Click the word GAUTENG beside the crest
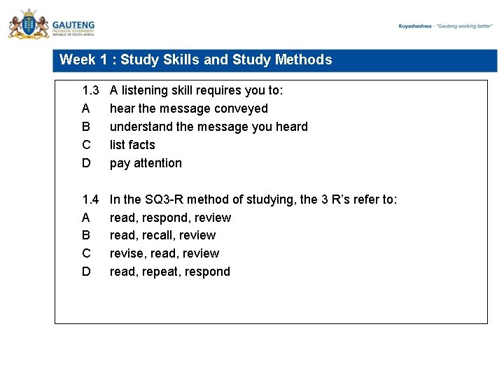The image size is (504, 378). (x=73, y=23)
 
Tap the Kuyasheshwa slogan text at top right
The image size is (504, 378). (x=446, y=26)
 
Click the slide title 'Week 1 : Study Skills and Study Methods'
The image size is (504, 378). (x=196, y=60)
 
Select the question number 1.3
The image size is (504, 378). (x=91, y=90)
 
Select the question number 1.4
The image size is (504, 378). (x=91, y=199)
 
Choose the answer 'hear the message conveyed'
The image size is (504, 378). (x=188, y=108)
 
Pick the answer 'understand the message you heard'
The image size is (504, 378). (x=209, y=127)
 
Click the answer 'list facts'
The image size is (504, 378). (x=132, y=145)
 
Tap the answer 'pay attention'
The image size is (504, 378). (x=146, y=163)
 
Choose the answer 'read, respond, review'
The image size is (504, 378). (x=170, y=218)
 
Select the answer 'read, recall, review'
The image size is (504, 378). (x=162, y=235)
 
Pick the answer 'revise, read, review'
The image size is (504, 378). (x=164, y=253)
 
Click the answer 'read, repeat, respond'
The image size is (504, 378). (x=170, y=272)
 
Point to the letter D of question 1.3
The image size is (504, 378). (x=86, y=163)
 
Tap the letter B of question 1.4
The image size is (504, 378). (x=86, y=235)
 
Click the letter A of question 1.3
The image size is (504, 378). (x=86, y=108)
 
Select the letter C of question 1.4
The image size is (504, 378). (x=86, y=253)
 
